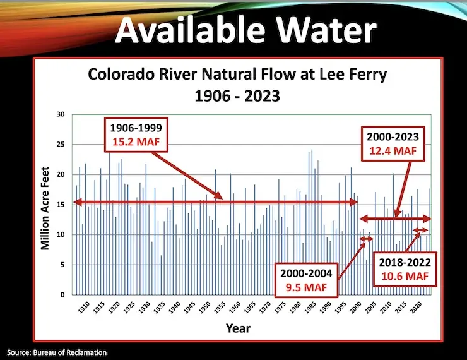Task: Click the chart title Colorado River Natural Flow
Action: pyautogui.click(x=237, y=76)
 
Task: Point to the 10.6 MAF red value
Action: pyautogui.click(x=405, y=276)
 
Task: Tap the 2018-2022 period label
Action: pyautogui.click(x=405, y=262)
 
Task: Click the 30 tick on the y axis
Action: pyautogui.click(x=61, y=114)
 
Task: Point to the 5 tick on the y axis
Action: pyautogui.click(x=62, y=265)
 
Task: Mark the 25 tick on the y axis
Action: pyautogui.click(x=61, y=145)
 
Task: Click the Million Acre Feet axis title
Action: pyautogui.click(x=45, y=204)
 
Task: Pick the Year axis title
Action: pyautogui.click(x=238, y=328)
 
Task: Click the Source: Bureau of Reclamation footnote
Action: pyautogui.click(x=57, y=352)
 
